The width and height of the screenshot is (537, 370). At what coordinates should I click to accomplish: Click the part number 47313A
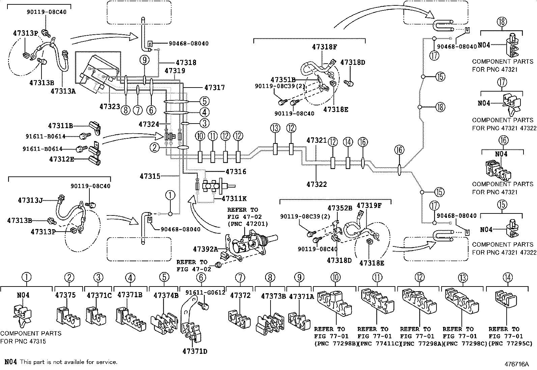coord(63,91)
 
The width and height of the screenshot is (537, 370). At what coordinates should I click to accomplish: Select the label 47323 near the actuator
coord(110,106)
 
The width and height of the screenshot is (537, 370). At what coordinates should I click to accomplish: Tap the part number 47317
coord(214,87)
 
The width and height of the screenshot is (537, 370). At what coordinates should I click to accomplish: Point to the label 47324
coord(149,124)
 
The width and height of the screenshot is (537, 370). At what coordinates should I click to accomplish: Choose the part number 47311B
coord(60,126)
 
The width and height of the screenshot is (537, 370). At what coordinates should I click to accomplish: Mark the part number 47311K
coord(234,199)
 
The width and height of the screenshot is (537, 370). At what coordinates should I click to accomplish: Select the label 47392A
coord(205,249)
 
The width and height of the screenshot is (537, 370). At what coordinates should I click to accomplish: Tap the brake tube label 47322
coord(317,184)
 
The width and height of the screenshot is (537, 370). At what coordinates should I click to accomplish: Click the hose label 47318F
coord(324,47)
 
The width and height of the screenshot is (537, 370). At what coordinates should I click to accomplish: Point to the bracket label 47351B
coord(283,80)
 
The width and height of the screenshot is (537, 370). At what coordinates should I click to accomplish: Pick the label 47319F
coord(369,205)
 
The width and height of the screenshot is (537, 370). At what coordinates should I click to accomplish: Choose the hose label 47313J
coord(30,200)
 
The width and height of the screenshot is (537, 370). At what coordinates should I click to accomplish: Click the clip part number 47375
coord(65,295)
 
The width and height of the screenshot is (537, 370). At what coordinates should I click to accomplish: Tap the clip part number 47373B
coord(274,296)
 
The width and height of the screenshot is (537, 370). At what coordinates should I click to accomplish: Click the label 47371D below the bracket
coord(195,351)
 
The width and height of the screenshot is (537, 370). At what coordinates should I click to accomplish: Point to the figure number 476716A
coord(517,364)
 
